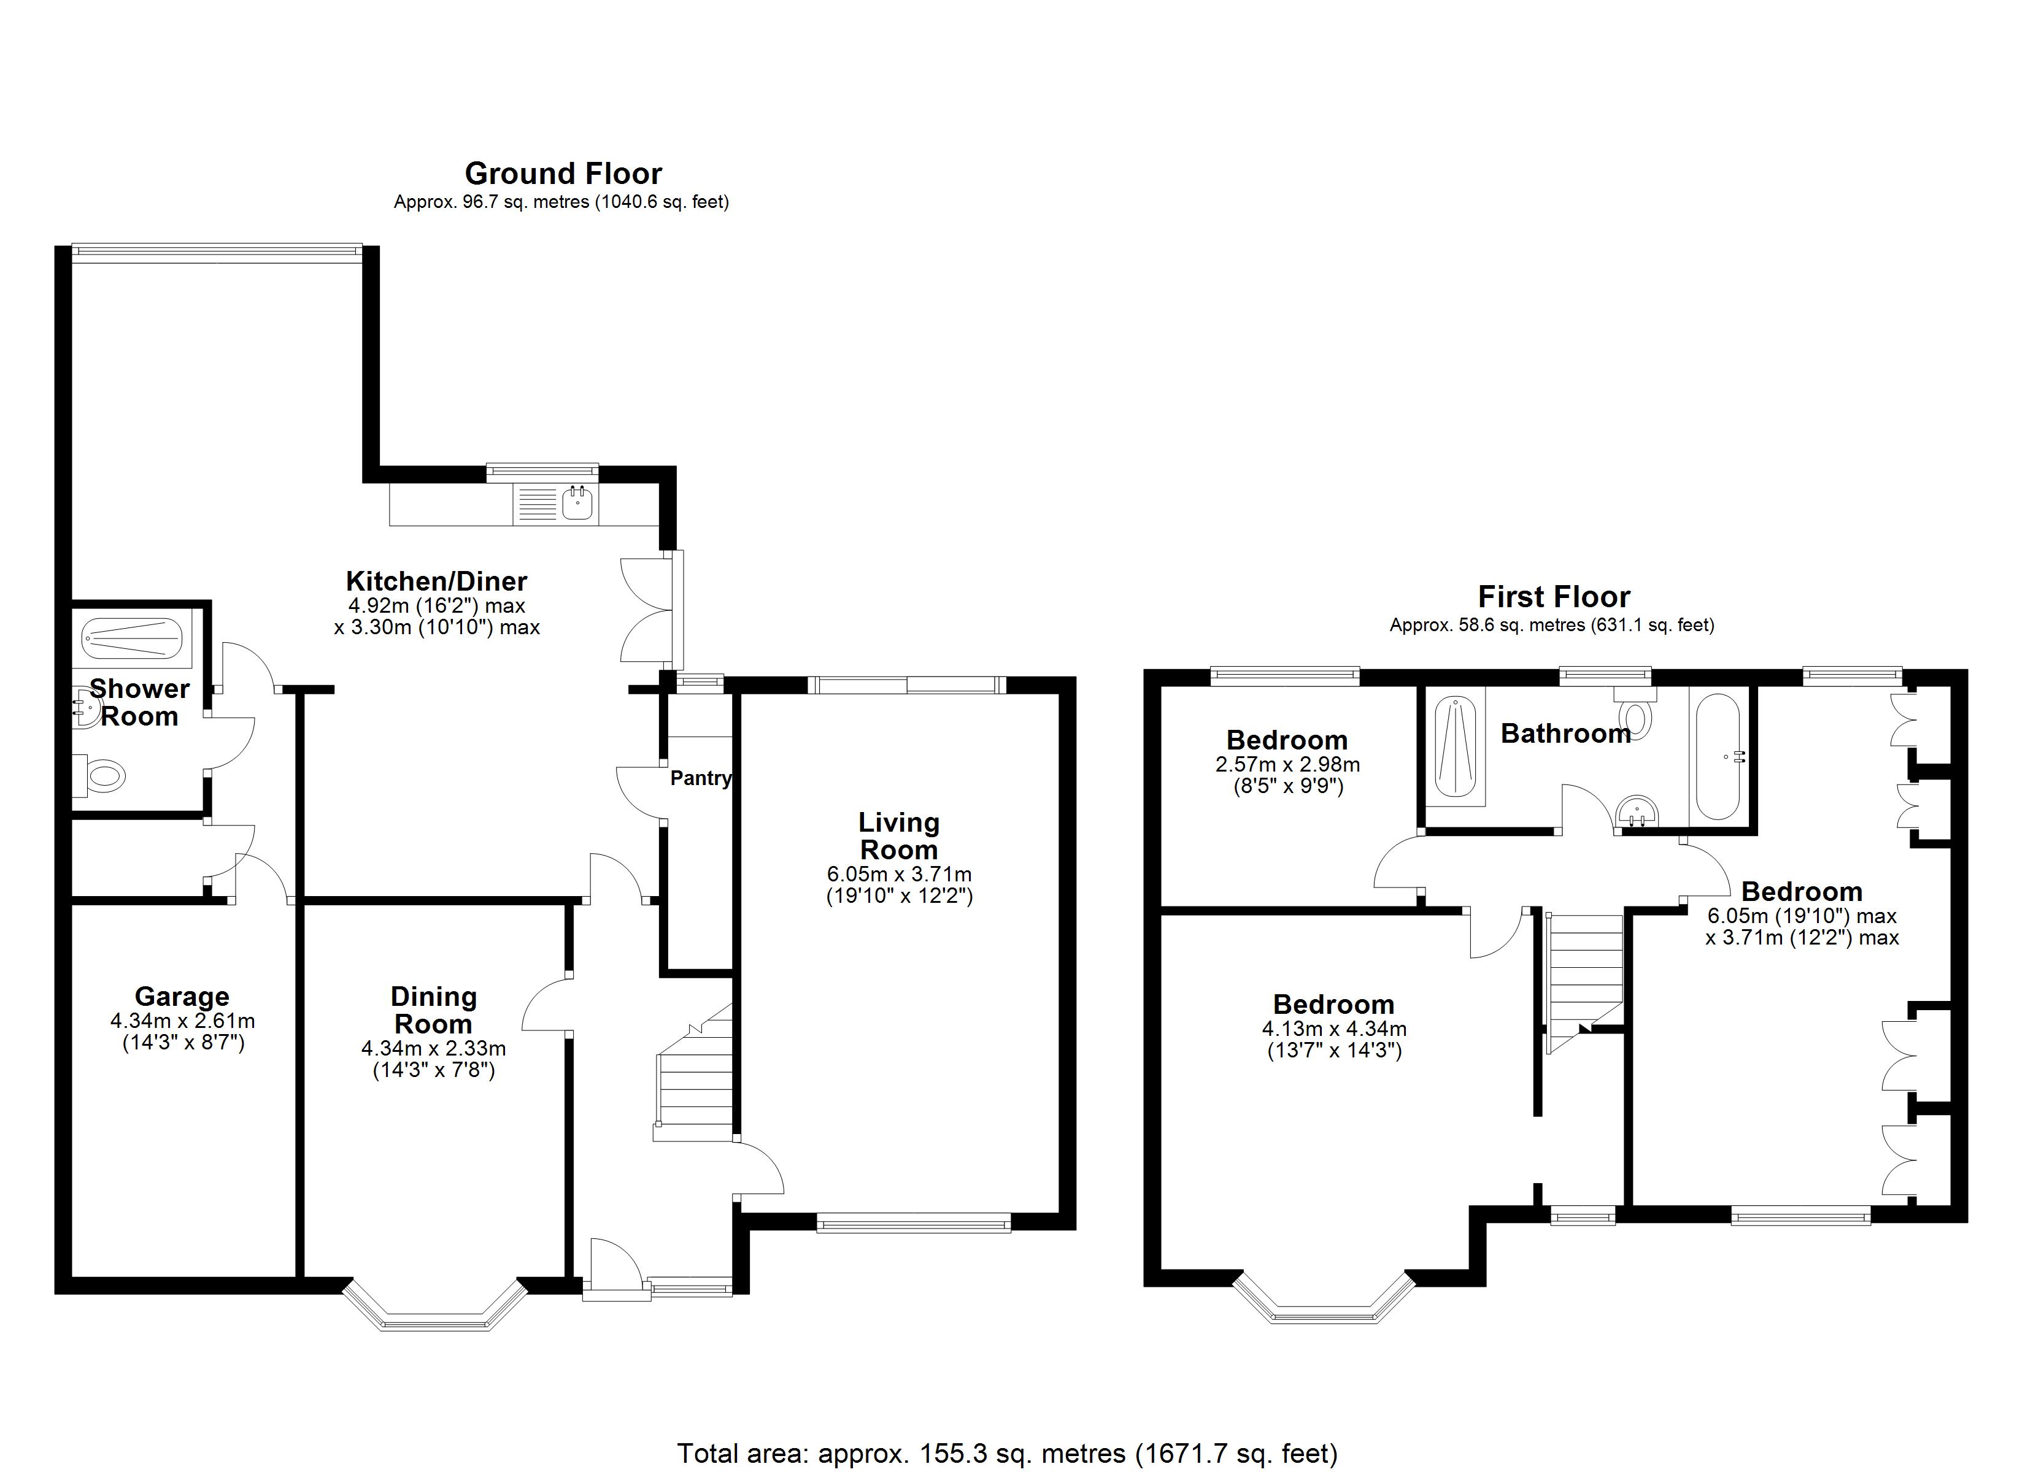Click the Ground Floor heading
[563, 173]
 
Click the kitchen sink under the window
[577, 504]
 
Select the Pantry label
[700, 778]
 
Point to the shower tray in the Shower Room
[131, 639]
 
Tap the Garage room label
[182, 996]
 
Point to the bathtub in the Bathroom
[1717, 757]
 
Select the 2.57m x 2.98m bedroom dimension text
[1287, 765]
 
